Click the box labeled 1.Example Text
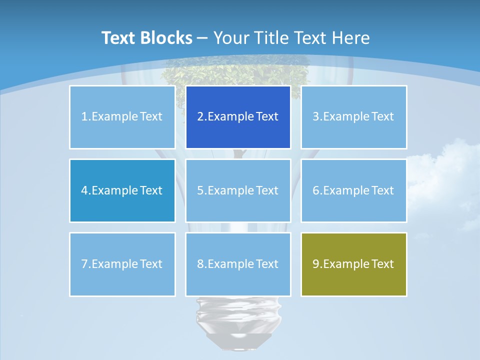point(122,117)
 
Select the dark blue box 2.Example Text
point(238,117)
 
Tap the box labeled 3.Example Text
point(353,117)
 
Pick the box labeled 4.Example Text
point(122,190)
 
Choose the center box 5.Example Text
point(238,190)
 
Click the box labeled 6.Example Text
point(353,190)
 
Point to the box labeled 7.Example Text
point(122,264)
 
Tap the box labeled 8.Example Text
point(238,264)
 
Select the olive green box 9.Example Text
point(353,264)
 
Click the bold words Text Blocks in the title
point(146,38)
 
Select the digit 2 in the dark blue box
point(200,117)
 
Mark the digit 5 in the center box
point(200,190)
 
